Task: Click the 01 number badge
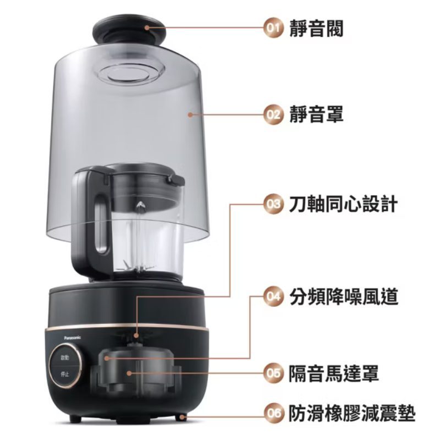coord(273,28)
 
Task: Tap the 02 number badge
coord(273,115)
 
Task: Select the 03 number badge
coord(273,204)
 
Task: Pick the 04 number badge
coord(273,296)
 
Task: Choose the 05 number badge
coord(273,373)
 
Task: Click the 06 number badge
coord(273,413)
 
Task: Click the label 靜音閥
coord(316,29)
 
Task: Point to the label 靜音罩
coord(316,115)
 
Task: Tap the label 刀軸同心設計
coord(343,204)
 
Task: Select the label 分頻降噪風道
coord(343,296)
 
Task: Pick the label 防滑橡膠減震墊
coord(352,413)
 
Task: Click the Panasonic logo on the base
coord(73,338)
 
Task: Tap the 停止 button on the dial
coord(65,374)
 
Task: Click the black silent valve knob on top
coord(129,31)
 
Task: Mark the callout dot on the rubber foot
coord(182,417)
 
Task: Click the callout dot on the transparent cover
coord(190,115)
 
